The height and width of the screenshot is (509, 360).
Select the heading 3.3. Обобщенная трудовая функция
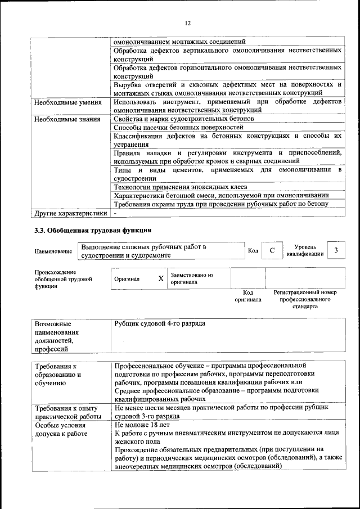coord(93,230)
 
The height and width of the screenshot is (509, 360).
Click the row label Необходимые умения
coord(67,102)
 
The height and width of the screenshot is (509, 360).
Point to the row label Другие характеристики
coord(70,213)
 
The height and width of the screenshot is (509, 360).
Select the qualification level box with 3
coord(335,251)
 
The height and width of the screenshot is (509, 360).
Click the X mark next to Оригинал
coord(161,278)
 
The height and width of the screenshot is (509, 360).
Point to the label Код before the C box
coord(253,251)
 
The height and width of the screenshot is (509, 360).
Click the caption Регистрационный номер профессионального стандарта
coord(304,299)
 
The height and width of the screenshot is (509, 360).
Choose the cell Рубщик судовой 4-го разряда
coord(160,324)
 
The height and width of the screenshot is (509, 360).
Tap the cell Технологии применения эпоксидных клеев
coord(181,187)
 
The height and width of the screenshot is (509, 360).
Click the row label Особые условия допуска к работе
coord(62,430)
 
